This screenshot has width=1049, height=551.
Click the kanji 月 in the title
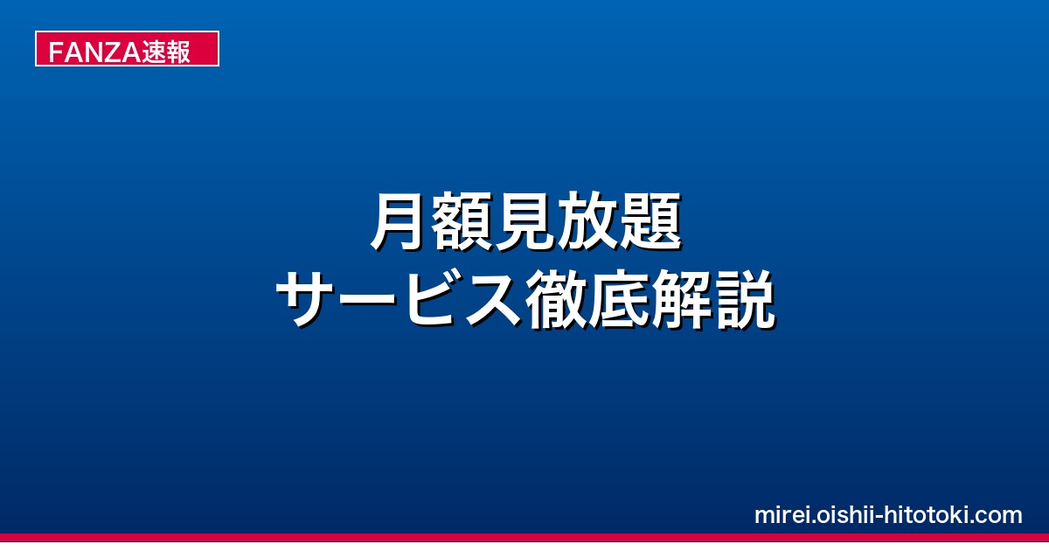click(x=399, y=221)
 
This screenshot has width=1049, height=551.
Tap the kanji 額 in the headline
click(x=462, y=221)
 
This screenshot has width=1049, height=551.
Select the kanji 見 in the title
click(x=524, y=221)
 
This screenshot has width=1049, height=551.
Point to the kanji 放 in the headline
click(x=587, y=221)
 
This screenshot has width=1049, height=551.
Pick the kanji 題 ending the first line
click(x=650, y=221)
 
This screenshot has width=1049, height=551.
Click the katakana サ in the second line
click(x=306, y=298)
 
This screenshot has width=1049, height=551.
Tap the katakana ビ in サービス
click(x=431, y=298)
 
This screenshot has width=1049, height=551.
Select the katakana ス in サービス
click(x=493, y=299)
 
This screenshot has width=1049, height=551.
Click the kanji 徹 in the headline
click(x=556, y=299)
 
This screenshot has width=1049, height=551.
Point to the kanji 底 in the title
click(x=619, y=299)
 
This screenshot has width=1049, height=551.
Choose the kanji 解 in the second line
click(x=681, y=299)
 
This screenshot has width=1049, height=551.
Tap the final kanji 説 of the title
click(x=744, y=299)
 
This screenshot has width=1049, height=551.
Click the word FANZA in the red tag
click(x=94, y=52)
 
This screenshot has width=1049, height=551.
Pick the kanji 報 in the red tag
click(x=178, y=52)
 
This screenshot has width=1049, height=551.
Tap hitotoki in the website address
click(x=927, y=515)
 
